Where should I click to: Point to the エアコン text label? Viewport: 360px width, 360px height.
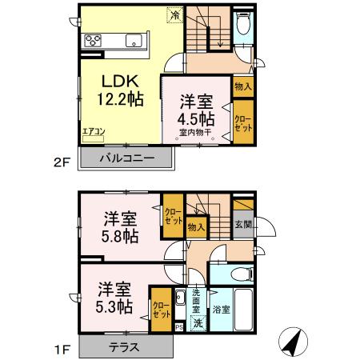coord(92,135)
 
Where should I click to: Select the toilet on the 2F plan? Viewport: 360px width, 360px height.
coord(243,26)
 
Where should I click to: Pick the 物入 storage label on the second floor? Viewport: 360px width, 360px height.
coord(243,86)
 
